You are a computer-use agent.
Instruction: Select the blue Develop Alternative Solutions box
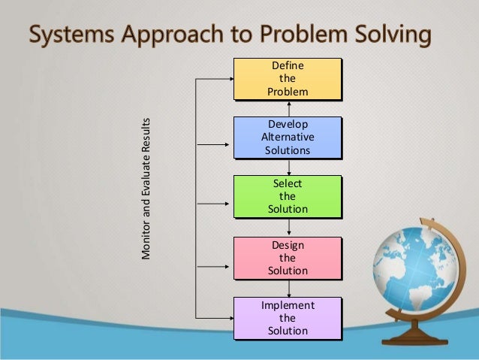click(287, 137)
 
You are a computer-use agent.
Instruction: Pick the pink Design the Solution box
click(287, 257)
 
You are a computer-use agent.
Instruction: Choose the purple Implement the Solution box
click(287, 317)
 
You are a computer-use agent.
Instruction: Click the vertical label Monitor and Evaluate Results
click(146, 189)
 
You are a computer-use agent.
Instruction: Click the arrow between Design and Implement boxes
click(288, 289)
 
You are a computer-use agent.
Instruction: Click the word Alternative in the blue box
click(288, 137)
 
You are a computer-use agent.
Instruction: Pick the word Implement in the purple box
click(288, 306)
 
